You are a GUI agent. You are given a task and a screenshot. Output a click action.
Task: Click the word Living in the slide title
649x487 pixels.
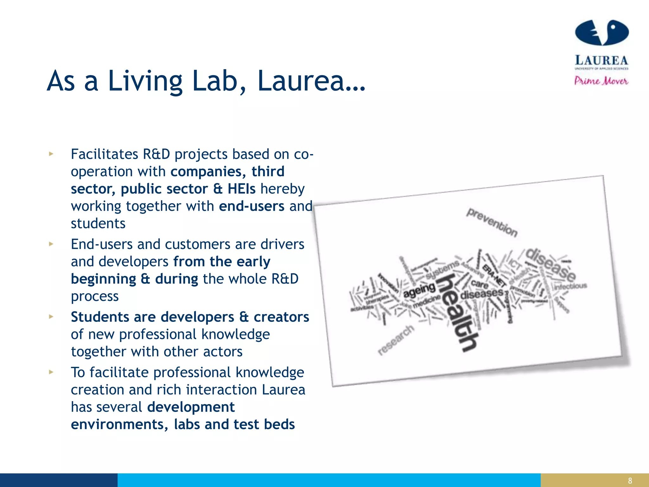click(145, 81)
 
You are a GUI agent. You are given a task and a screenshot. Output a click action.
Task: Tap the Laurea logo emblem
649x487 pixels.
click(601, 32)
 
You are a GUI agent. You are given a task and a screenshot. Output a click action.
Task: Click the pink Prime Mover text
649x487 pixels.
click(601, 81)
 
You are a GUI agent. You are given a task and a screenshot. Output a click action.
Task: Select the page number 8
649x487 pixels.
click(630, 481)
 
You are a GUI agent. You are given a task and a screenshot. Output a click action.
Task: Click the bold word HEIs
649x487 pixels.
click(241, 189)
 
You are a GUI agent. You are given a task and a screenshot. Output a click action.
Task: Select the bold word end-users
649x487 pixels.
click(252, 206)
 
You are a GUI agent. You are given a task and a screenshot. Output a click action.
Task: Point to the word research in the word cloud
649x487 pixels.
click(396, 340)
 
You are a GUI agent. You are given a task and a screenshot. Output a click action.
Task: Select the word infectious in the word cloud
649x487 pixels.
click(570, 286)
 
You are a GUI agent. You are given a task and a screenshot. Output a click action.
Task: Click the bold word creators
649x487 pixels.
click(281, 317)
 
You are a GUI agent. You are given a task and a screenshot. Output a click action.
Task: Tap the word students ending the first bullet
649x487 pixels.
click(98, 224)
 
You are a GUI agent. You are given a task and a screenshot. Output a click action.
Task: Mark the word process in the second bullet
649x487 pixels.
click(95, 296)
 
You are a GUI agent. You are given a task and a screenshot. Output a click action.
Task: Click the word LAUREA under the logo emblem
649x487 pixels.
click(601, 60)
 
